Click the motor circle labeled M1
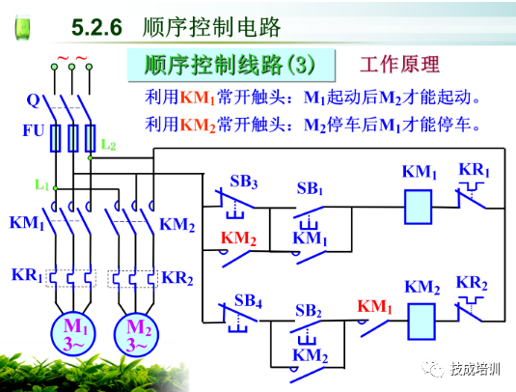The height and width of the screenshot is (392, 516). tap(74, 333)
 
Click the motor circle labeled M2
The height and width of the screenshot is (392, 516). tap(139, 333)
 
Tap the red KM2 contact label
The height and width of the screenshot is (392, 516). tap(237, 238)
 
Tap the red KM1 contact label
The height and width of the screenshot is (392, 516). tap(374, 307)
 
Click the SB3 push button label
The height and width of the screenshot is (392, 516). tap(243, 182)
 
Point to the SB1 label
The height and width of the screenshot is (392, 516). tap(310, 187)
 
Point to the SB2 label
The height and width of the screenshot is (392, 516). tap(309, 311)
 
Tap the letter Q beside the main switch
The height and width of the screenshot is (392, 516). tap(32, 99)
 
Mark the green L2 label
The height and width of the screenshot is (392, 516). tap(108, 146)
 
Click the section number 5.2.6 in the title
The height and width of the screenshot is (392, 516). tap(96, 27)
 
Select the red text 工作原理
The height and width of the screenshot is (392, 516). tap(399, 66)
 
